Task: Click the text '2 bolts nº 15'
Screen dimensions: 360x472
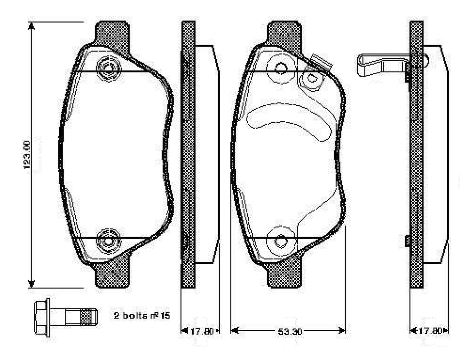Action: [x=142, y=316]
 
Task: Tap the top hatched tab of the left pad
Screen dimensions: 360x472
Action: [x=112, y=35]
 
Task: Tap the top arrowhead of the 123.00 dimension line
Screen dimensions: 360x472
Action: [x=31, y=26]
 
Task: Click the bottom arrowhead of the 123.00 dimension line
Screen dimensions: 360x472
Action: [x=31, y=283]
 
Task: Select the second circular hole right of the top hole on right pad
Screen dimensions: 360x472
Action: [x=311, y=79]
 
